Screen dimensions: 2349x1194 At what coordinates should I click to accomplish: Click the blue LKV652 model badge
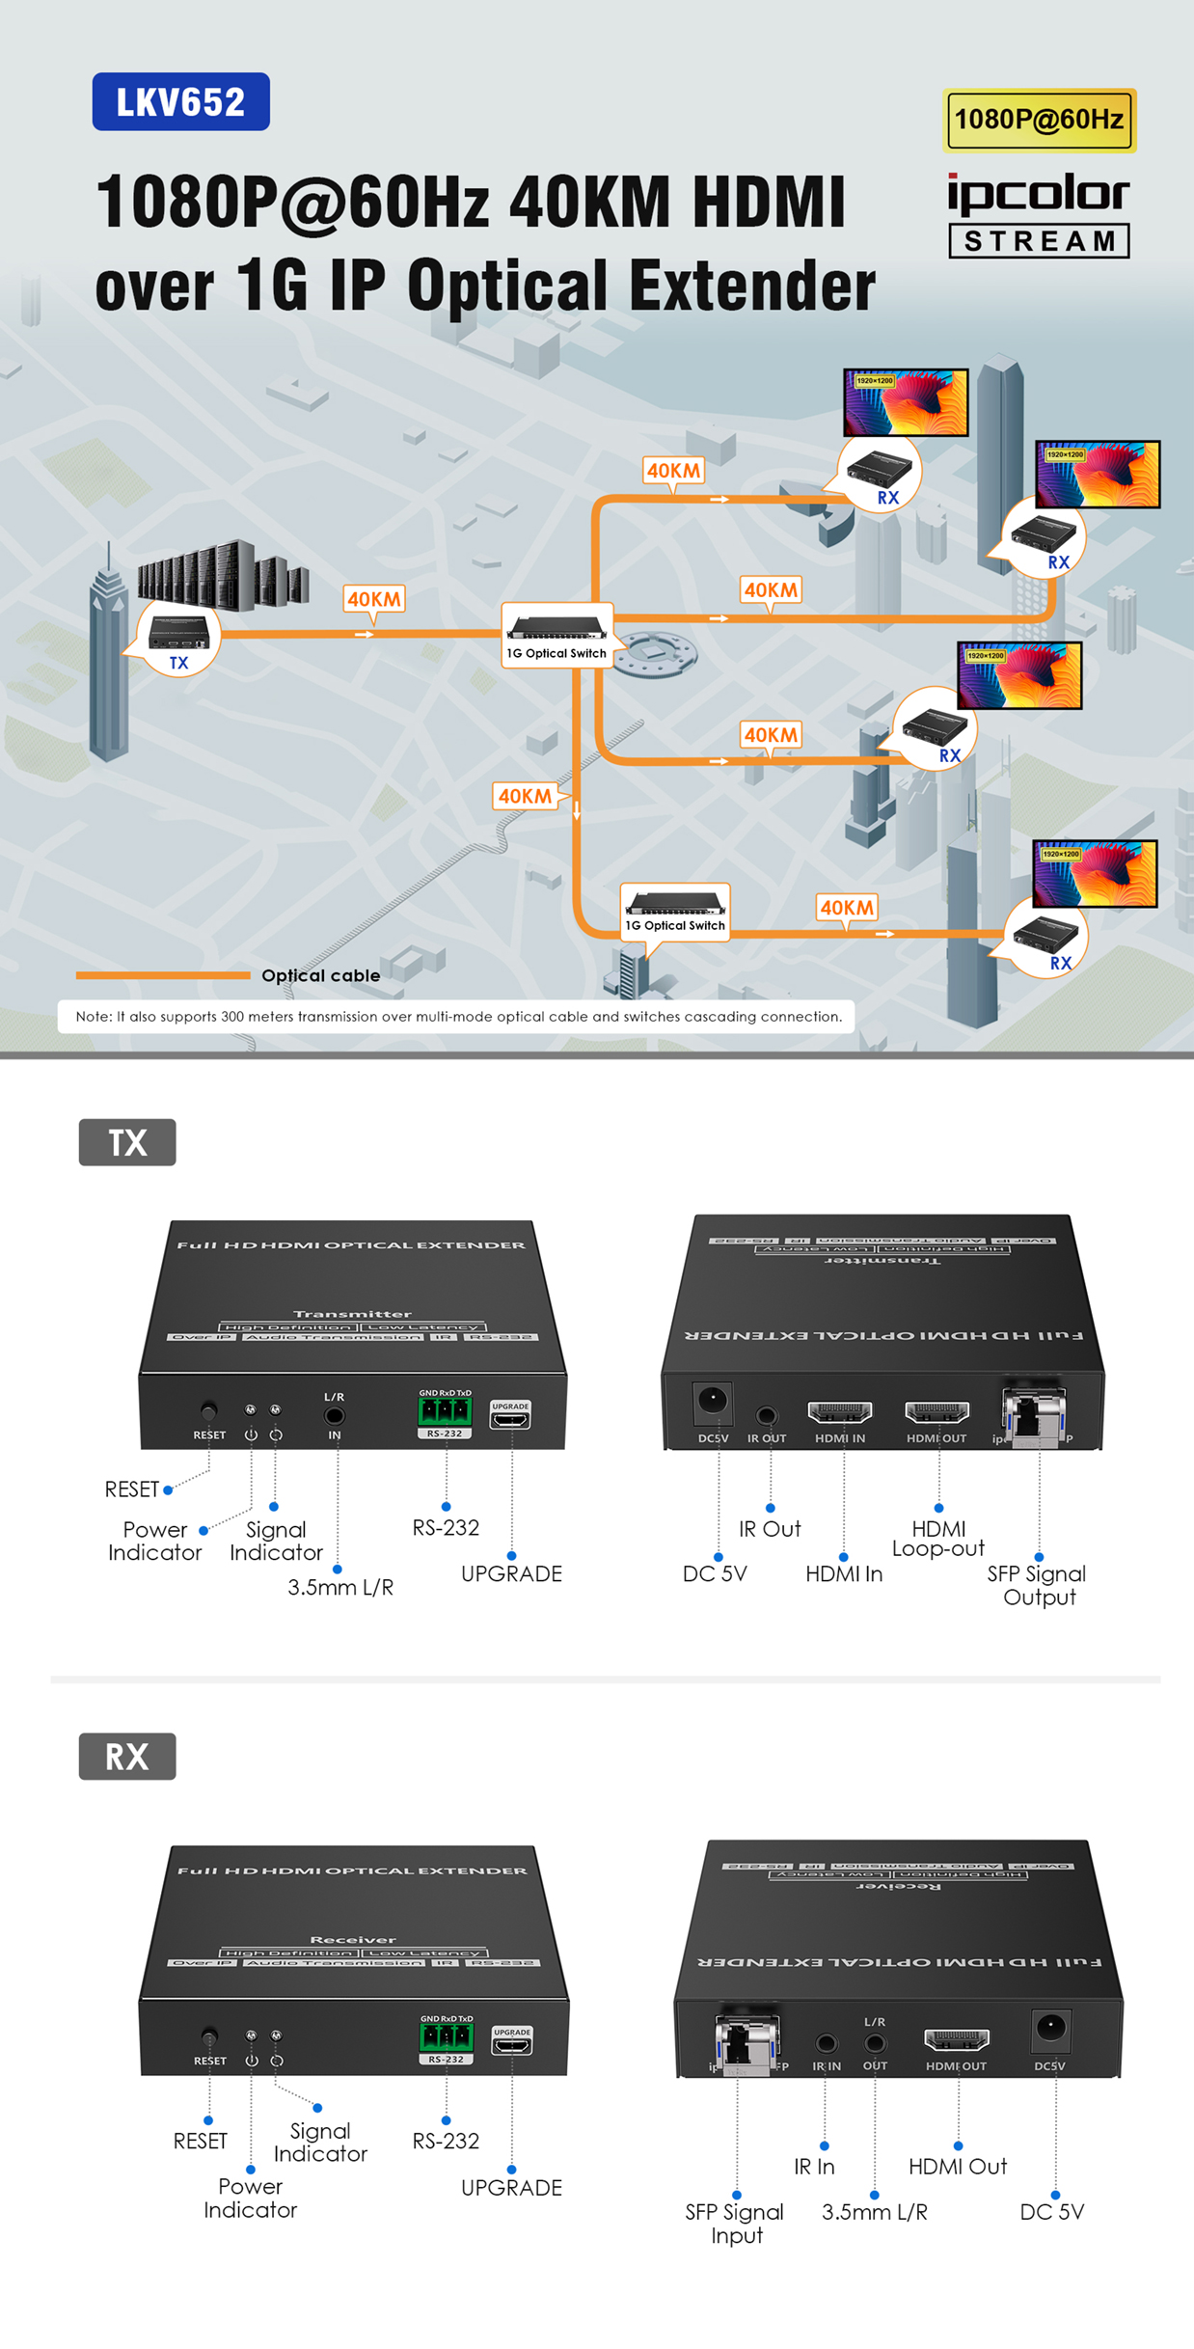coord(180,101)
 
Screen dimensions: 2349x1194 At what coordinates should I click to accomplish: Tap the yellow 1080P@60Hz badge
coord(1039,120)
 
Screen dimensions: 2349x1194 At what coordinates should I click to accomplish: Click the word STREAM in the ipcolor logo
coord(1039,241)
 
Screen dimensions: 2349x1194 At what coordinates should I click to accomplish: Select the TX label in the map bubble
coord(178,663)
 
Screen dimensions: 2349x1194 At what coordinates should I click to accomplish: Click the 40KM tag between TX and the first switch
coord(373,599)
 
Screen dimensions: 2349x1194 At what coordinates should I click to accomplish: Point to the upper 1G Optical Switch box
coord(556,633)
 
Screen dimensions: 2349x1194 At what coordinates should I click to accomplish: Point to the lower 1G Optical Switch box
coord(675,909)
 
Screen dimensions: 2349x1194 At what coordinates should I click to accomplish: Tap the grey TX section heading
coord(127,1142)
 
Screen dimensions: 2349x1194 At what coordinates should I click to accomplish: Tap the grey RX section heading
coord(127,1756)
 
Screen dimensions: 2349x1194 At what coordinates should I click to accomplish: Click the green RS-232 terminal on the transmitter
coord(445,1411)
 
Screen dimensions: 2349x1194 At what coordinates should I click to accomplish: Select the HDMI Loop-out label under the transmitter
coord(937,1538)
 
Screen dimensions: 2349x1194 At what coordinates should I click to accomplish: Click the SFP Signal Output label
coord(1038,1585)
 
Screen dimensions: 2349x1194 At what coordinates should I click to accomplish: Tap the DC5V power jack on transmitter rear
coord(713,1402)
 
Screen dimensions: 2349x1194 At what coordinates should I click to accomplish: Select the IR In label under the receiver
coord(814,2167)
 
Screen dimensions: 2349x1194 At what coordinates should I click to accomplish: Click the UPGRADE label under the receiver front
coord(511,2188)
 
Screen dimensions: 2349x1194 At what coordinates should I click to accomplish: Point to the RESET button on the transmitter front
coord(208,1411)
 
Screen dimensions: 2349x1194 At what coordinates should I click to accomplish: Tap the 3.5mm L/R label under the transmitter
coord(340,1587)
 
